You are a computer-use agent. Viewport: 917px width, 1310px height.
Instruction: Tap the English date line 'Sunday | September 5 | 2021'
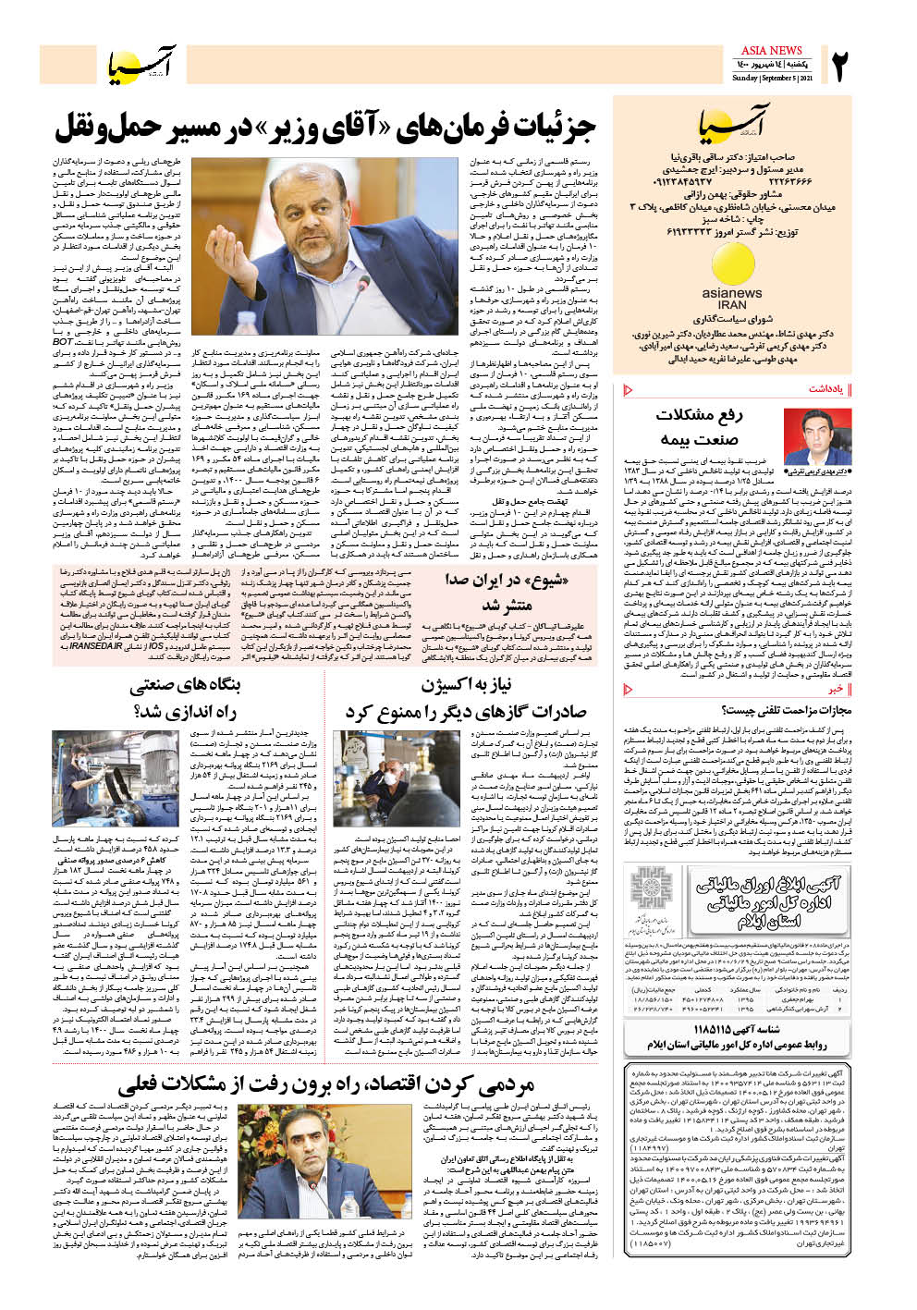point(773,79)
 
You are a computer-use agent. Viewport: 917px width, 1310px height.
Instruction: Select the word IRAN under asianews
point(732,304)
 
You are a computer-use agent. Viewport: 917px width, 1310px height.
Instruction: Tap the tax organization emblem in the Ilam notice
point(655,896)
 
